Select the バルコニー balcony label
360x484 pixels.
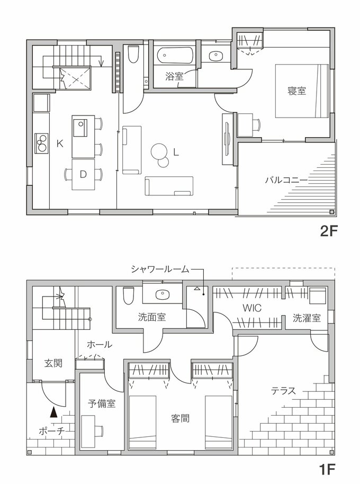coord(286,180)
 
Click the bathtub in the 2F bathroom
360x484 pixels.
coord(175,56)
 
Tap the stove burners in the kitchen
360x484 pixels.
coord(41,142)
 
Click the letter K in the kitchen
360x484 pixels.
coord(60,143)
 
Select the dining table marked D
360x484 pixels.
coord(83,173)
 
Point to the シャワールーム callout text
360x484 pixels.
coord(159,269)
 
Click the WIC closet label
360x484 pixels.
coord(251,308)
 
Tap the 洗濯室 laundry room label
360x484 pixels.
coord(307,318)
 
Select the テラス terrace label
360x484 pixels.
coord(283,391)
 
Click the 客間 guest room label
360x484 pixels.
coord(180,418)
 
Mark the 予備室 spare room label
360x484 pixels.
coord(102,403)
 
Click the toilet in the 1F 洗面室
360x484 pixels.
coord(128,296)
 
